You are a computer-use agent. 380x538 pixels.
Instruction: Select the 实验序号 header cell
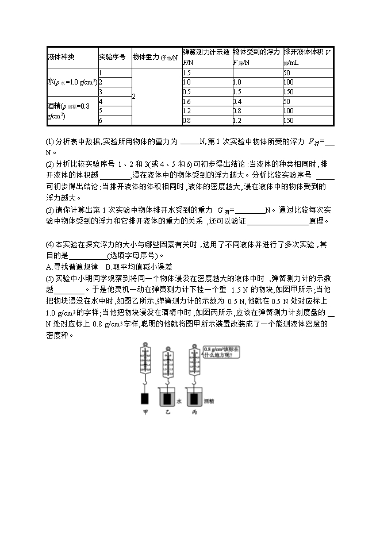(x=113, y=57)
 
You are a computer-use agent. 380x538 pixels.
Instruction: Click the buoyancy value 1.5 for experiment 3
(x=237, y=92)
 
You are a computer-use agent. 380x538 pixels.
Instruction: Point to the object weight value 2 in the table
(x=134, y=97)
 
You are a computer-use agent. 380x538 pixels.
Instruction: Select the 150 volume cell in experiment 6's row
(x=289, y=121)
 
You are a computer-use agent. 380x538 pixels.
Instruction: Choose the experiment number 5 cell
(x=101, y=110)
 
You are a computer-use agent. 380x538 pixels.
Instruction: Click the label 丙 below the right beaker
(x=195, y=412)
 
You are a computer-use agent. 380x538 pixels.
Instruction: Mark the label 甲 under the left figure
(x=145, y=412)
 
